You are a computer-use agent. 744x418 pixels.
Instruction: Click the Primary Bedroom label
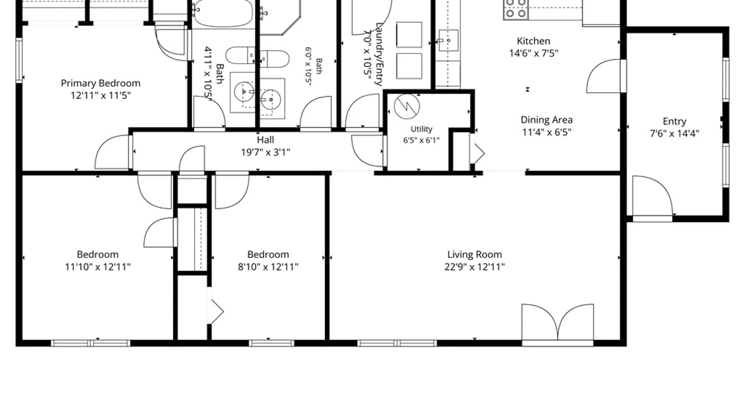click(x=100, y=83)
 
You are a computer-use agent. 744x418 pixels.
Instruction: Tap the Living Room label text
click(x=474, y=255)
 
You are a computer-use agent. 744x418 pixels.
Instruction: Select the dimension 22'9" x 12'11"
click(x=474, y=267)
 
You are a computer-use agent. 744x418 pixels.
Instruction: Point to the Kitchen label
click(x=533, y=41)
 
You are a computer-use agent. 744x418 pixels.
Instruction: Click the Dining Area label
click(x=546, y=120)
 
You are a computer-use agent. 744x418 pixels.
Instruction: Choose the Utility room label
click(x=421, y=129)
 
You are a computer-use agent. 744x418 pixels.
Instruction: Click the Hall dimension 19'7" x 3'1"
click(x=265, y=152)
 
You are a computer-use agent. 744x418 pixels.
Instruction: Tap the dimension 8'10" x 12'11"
click(x=268, y=267)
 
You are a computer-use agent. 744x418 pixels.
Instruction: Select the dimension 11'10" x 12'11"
click(x=98, y=267)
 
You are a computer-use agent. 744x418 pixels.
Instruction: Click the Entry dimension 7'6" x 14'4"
click(x=674, y=134)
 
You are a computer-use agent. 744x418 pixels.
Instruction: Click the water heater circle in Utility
click(x=407, y=106)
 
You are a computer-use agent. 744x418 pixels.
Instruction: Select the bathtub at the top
click(x=222, y=13)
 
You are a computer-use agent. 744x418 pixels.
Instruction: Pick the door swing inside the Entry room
click(x=653, y=196)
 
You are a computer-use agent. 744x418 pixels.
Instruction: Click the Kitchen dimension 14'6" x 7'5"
click(x=533, y=53)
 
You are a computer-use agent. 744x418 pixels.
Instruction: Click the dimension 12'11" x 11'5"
click(x=100, y=95)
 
